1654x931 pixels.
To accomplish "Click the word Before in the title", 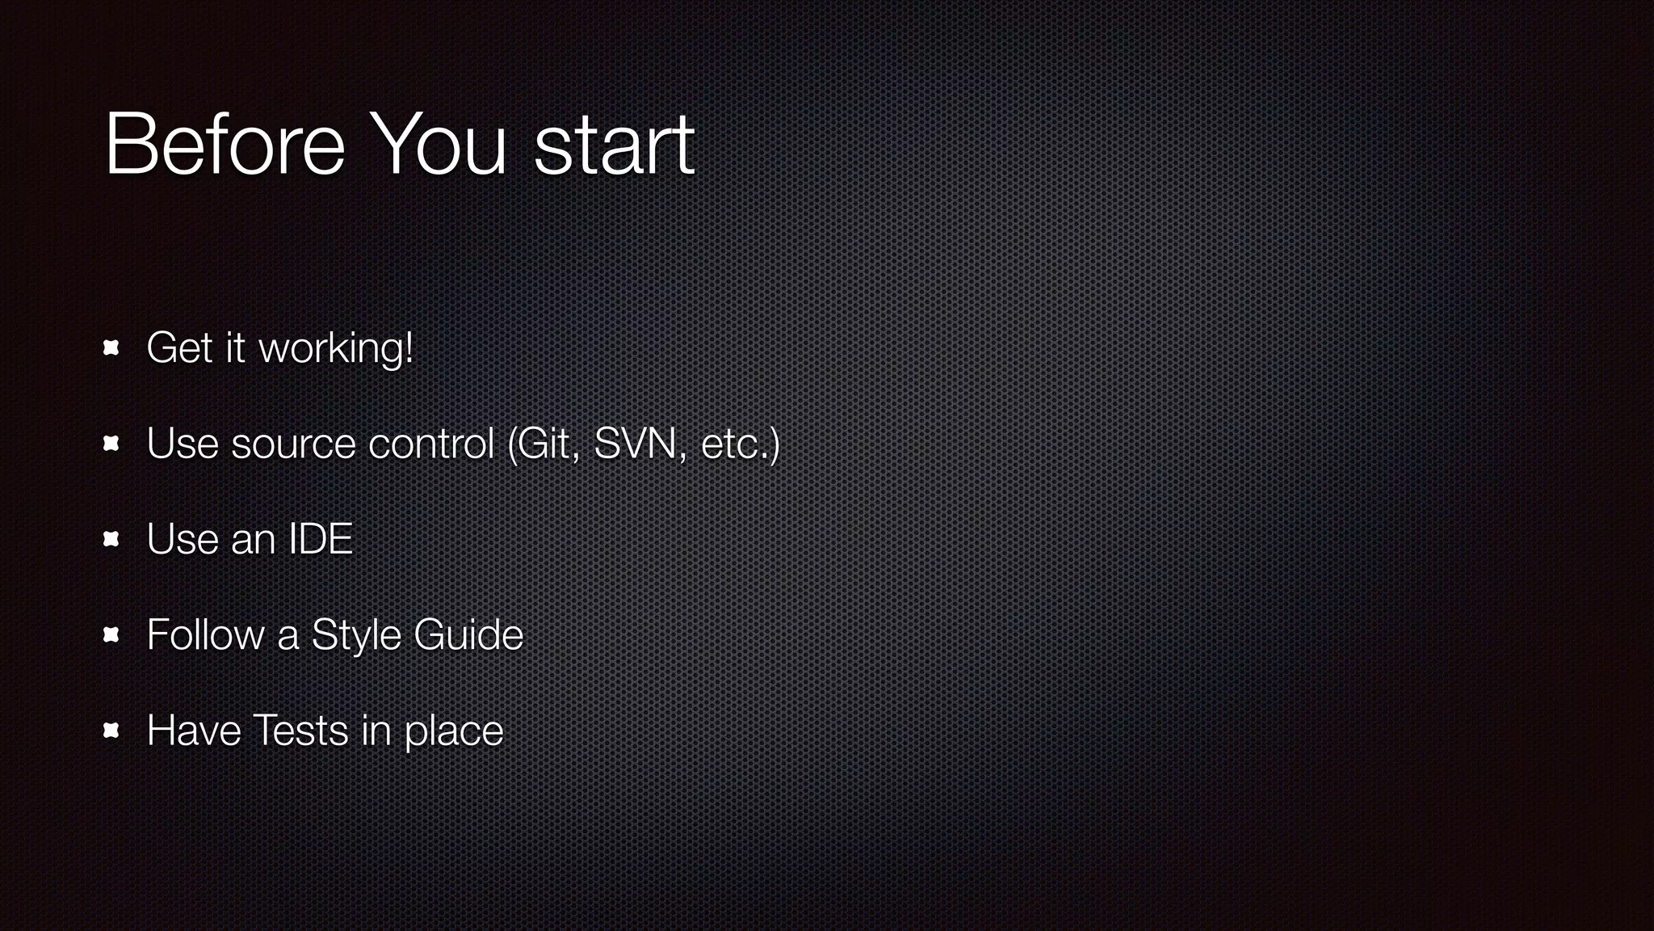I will pyautogui.click(x=225, y=145).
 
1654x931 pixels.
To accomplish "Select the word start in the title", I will pyautogui.click(x=614, y=146).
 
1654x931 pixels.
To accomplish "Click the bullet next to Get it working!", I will pyautogui.click(x=111, y=348).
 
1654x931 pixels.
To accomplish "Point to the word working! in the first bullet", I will pyautogui.click(x=335, y=349).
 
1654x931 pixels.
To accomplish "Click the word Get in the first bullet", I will pyautogui.click(x=180, y=348).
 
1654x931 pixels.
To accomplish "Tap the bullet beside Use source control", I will pyautogui.click(x=111, y=444).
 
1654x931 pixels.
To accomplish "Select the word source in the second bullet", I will pyautogui.click(x=293, y=444).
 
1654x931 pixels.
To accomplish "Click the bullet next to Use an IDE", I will pyautogui.click(x=111, y=539).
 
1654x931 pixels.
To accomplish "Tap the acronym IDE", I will pyautogui.click(x=321, y=539).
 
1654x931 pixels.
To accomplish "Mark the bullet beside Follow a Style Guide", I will pyautogui.click(x=111, y=635).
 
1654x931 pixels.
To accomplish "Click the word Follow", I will pyautogui.click(x=205, y=634).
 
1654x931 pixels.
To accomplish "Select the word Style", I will pyautogui.click(x=355, y=636).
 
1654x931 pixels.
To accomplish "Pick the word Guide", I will pyautogui.click(x=468, y=634).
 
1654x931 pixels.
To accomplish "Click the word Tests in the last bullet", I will pyautogui.click(x=300, y=731).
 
